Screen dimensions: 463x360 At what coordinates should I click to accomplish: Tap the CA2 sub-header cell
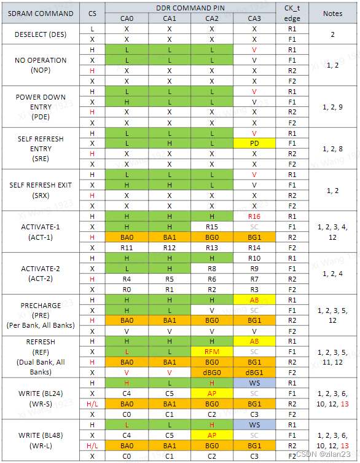click(211, 18)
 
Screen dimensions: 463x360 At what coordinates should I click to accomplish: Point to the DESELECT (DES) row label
click(41, 34)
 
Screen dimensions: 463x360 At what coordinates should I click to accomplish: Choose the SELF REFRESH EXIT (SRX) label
click(41, 190)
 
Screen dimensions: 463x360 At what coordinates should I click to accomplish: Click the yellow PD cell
click(254, 143)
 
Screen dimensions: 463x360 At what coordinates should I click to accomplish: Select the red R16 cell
click(254, 216)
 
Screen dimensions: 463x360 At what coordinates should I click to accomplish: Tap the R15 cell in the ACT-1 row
click(211, 227)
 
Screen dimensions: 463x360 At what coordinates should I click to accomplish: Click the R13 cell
click(211, 247)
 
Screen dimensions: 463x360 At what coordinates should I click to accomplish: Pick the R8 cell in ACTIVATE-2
click(211, 269)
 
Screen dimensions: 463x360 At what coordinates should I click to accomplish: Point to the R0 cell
click(127, 289)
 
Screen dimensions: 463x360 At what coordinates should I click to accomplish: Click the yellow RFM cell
click(211, 352)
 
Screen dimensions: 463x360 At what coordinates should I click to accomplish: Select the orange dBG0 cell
click(211, 373)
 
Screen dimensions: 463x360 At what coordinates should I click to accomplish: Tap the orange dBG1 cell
click(254, 373)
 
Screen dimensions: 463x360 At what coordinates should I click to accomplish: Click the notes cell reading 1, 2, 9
click(332, 107)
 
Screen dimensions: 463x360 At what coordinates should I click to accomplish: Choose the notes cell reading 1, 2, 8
click(332, 149)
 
